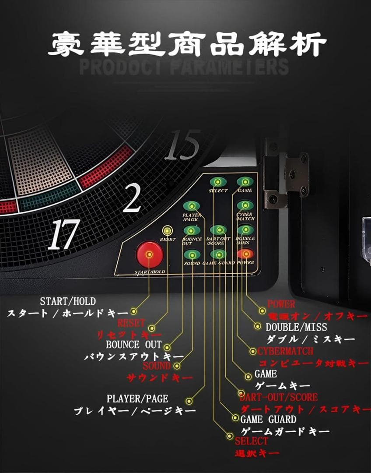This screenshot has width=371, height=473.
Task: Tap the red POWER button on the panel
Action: tap(245, 254)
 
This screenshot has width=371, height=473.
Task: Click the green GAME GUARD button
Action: tap(218, 254)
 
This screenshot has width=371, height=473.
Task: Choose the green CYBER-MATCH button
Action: tap(244, 206)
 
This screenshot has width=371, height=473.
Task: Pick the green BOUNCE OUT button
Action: tap(191, 230)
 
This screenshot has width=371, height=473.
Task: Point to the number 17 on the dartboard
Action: tap(64, 235)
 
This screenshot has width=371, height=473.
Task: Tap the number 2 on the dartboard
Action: tap(132, 198)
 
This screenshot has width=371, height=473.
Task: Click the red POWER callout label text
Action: tap(281, 304)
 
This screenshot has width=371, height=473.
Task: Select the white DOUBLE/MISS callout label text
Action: tap(296, 327)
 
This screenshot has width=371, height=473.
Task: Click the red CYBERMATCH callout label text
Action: tap(285, 351)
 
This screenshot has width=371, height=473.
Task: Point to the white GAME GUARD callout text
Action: tap(268, 419)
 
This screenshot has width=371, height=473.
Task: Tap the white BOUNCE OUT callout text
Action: tap(134, 345)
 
